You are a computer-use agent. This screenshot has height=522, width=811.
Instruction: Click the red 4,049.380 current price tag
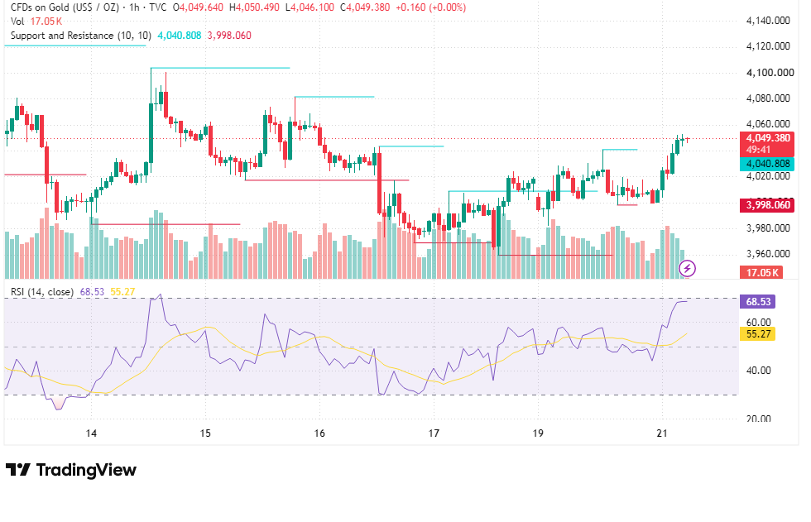pos(767,144)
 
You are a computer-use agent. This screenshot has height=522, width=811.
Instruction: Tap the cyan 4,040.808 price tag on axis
pos(767,164)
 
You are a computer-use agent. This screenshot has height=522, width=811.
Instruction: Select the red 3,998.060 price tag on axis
pos(767,205)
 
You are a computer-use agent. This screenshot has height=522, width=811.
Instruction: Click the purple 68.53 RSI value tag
pos(758,301)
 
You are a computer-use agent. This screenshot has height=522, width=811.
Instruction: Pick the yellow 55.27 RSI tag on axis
pos(758,334)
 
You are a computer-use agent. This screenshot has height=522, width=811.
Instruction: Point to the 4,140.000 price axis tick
pos(768,21)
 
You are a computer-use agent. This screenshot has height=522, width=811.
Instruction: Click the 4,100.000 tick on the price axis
pos(770,72)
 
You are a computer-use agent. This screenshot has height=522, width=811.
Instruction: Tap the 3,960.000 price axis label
pos(768,254)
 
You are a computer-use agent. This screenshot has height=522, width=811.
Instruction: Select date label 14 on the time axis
pos(91,433)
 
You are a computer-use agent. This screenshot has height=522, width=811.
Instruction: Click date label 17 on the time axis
pos(434,433)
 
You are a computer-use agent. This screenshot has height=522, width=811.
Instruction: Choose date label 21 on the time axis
pos(662,433)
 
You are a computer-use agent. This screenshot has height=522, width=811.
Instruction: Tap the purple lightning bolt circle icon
pos(687,268)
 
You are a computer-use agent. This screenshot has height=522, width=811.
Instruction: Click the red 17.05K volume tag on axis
pos(762,272)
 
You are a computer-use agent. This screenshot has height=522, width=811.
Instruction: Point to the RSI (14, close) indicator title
pos(42,292)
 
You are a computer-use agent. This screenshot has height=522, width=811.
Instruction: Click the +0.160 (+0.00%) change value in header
pos(429,7)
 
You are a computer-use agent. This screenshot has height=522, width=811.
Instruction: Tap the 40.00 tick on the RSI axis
pos(758,371)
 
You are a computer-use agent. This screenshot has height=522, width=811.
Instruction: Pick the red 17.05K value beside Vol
pos(46,22)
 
